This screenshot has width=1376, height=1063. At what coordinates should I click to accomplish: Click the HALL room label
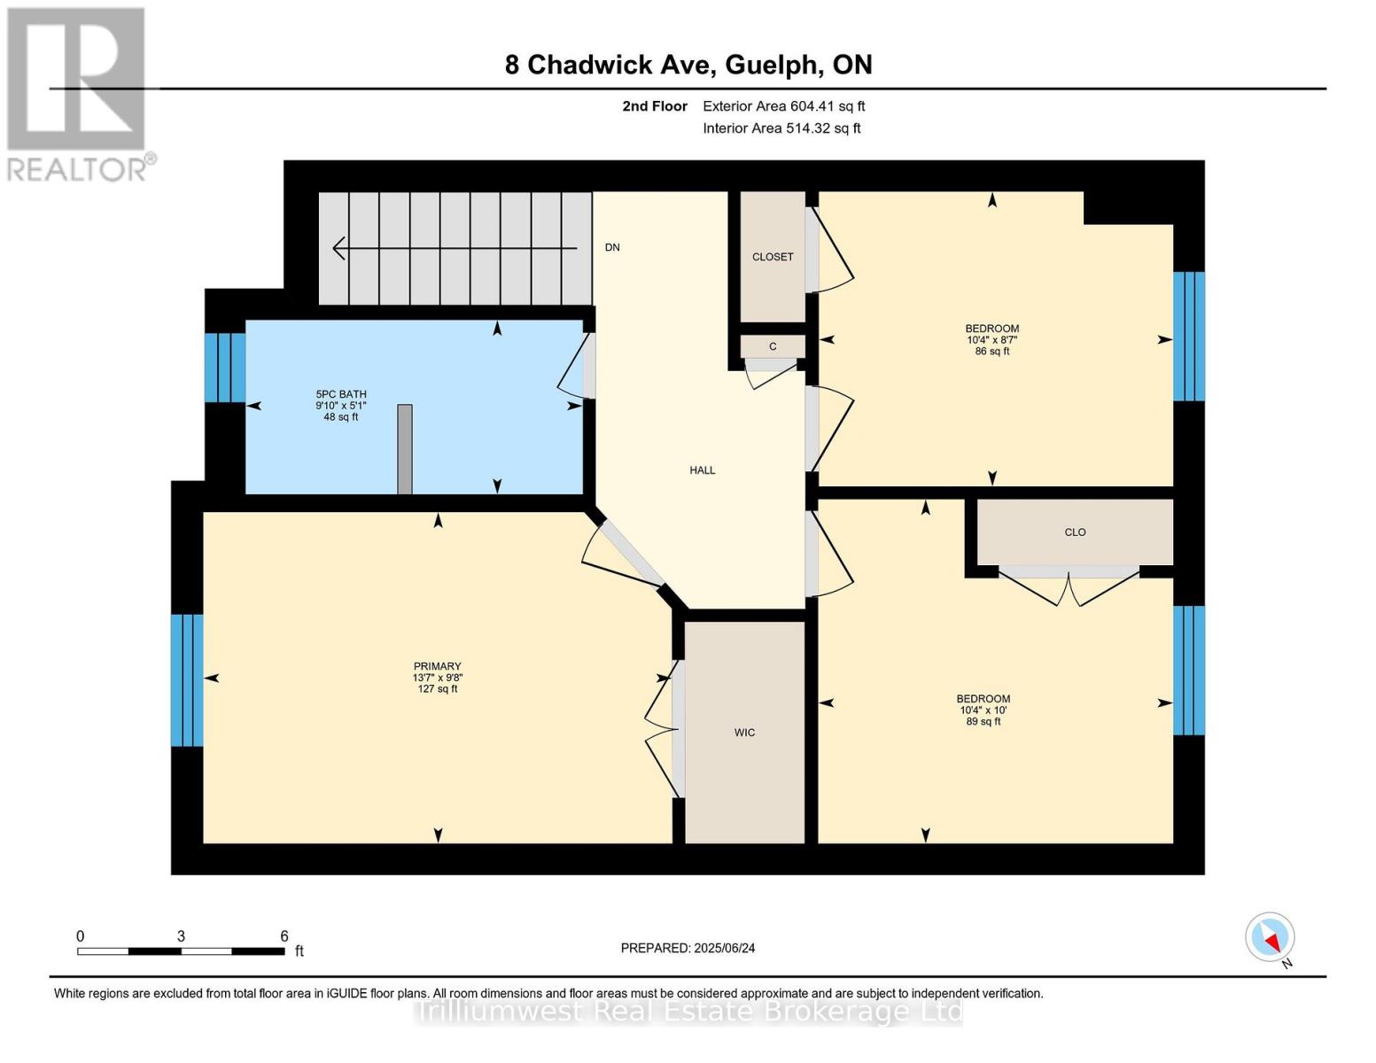click(702, 470)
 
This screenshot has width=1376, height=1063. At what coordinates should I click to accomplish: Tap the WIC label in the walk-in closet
click(744, 733)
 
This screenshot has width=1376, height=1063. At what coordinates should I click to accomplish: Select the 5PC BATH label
click(341, 394)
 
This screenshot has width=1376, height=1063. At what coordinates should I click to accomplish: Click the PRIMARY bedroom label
click(437, 666)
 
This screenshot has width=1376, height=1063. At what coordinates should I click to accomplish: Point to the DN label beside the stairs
click(612, 247)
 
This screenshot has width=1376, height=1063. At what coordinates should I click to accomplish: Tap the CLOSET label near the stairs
click(773, 257)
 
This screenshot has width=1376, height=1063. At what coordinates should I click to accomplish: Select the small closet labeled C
click(773, 346)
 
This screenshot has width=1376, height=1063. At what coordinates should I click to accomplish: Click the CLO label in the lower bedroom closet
click(1075, 532)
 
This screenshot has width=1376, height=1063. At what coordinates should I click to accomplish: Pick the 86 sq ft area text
click(992, 352)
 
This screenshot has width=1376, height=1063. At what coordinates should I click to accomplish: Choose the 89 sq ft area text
click(983, 722)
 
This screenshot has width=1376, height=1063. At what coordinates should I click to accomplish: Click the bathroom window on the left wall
click(225, 368)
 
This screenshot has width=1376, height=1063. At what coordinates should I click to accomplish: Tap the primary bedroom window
click(187, 680)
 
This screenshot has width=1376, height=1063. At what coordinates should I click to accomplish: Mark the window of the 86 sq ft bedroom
click(1189, 336)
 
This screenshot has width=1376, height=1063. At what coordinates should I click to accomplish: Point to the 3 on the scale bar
click(181, 936)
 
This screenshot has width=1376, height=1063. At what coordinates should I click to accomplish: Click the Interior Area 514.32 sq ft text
click(781, 128)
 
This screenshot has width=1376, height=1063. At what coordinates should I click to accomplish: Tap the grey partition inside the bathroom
click(405, 449)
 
